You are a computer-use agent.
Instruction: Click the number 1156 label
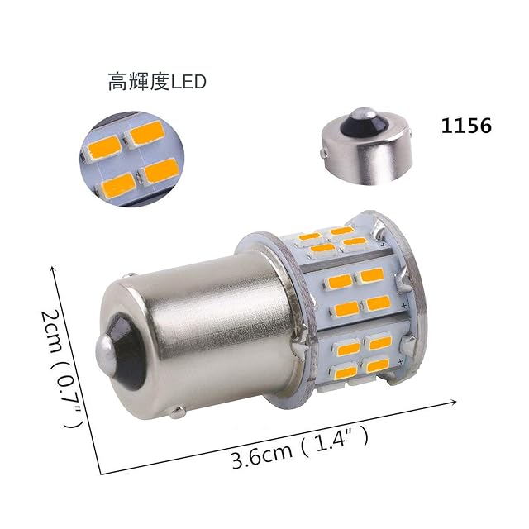pos(466,126)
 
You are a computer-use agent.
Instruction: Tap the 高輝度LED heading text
pos(157,82)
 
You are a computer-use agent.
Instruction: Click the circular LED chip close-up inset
pos(132,159)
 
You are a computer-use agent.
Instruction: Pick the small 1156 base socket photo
pos(367,146)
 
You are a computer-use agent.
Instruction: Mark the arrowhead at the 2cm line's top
pos(52,269)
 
